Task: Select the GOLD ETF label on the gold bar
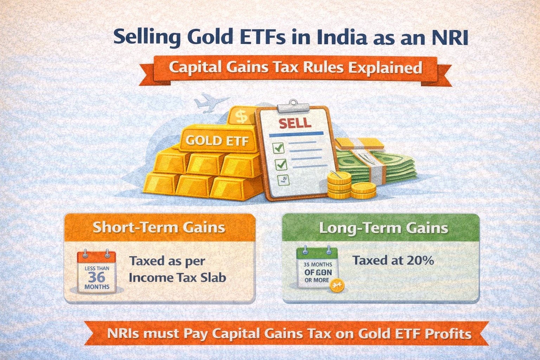point(217,141)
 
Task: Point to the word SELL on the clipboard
point(295,123)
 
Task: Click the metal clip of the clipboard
point(292,105)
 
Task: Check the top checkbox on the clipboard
point(278,148)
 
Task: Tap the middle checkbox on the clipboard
point(281,164)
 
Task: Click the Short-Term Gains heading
point(159,227)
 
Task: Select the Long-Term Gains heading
point(384,228)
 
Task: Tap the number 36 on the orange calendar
point(96,277)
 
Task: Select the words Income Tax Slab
point(177,277)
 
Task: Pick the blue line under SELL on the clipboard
point(296,134)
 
